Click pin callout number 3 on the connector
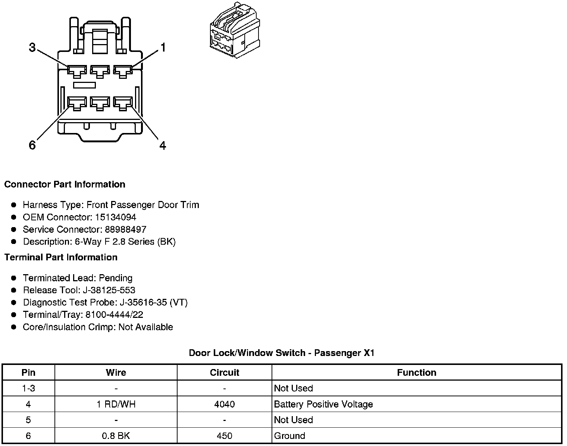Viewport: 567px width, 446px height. tap(32, 48)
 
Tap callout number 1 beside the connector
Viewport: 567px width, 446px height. tap(163, 47)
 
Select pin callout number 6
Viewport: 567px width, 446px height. tap(32, 145)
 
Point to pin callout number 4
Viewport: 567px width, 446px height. tap(163, 145)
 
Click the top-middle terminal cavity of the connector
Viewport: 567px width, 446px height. tap(100, 71)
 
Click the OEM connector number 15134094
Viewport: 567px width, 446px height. tap(116, 217)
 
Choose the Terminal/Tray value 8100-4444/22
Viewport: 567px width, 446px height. tap(114, 315)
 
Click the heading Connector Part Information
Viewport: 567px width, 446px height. tap(65, 185)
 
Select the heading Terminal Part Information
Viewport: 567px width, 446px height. tap(61, 257)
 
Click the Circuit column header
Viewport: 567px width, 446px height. tap(224, 373)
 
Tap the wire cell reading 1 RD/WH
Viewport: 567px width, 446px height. tap(116, 405)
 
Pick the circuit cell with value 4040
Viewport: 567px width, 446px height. tap(224, 405)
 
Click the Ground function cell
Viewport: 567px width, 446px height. tap(289, 436)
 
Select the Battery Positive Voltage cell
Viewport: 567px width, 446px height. tap(323, 405)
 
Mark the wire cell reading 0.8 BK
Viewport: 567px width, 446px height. tap(116, 436)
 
